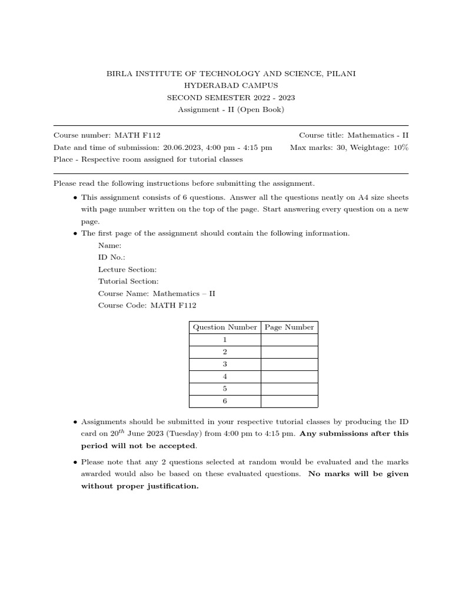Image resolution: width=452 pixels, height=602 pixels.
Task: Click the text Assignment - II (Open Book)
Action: tap(231, 109)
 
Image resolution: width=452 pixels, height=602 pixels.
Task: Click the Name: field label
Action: tap(110, 245)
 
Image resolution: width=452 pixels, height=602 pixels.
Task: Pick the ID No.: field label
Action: tap(111, 257)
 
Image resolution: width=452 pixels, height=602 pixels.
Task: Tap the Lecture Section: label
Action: tap(127, 269)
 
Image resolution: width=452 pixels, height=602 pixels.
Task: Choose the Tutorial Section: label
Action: tap(128, 282)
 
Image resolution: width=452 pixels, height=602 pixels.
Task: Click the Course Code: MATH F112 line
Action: tap(147, 306)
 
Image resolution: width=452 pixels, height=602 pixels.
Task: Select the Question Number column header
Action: tap(225, 327)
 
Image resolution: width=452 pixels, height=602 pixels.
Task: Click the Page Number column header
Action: tap(289, 327)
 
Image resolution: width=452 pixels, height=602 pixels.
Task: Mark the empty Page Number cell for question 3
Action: tap(289, 364)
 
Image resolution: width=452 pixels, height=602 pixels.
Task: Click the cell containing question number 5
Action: tap(225, 389)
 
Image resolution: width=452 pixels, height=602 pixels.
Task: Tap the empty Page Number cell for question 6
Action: tap(289, 401)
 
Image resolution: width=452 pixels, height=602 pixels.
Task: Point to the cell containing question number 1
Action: tap(225, 340)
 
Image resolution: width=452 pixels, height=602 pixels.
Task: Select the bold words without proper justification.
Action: tap(139, 486)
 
